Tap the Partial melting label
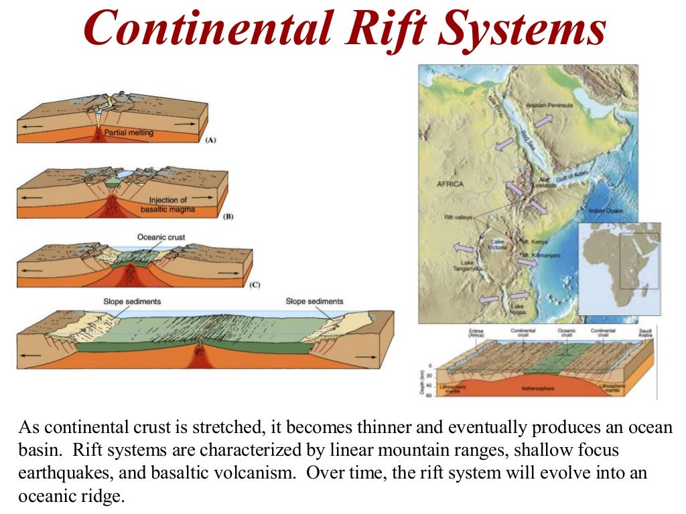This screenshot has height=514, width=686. click(129, 133)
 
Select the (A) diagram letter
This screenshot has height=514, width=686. click(210, 141)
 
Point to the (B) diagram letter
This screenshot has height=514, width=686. click(228, 216)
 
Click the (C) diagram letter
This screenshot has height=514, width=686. click(255, 285)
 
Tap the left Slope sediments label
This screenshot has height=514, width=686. click(132, 301)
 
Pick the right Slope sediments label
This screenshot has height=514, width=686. click(314, 301)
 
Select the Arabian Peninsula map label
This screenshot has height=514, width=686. click(549, 106)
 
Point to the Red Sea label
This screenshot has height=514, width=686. click(529, 142)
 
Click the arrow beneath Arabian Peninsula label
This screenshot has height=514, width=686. click(543, 120)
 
